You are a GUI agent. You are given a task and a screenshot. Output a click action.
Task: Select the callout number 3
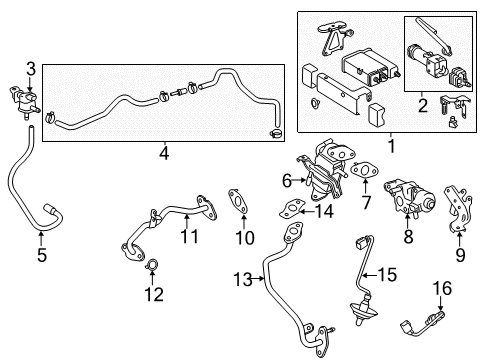pyautogui.click(x=31, y=68)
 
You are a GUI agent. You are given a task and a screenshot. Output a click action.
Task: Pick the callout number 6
pyautogui.click(x=286, y=181)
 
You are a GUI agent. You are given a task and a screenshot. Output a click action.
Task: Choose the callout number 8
pyautogui.click(x=407, y=238)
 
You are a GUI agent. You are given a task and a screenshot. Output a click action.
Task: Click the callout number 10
pyautogui.click(x=240, y=237)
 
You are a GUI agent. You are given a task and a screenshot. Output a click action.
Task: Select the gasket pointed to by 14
pyautogui.click(x=290, y=208)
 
